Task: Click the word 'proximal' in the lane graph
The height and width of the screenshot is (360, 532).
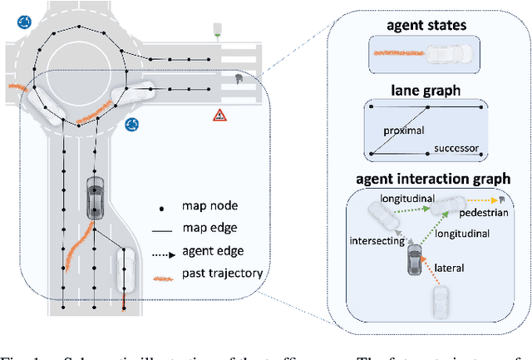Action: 405,131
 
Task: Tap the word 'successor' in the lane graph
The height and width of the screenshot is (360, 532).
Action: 456,149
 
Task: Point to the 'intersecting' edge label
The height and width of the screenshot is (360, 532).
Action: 375,242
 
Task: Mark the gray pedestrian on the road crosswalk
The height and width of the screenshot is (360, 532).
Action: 239,80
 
